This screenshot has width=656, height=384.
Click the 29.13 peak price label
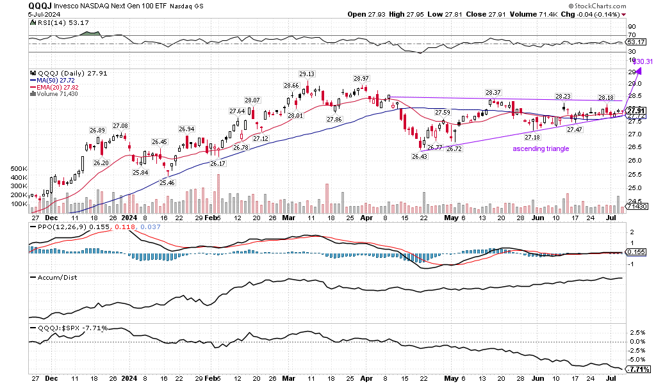307,73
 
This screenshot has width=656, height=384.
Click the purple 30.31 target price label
642,62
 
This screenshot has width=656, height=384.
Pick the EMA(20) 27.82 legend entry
55,86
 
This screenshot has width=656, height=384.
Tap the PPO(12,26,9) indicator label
54,227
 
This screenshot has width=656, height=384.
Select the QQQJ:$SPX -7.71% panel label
69,328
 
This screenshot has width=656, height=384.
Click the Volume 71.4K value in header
542,13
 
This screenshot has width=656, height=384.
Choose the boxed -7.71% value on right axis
639,369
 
